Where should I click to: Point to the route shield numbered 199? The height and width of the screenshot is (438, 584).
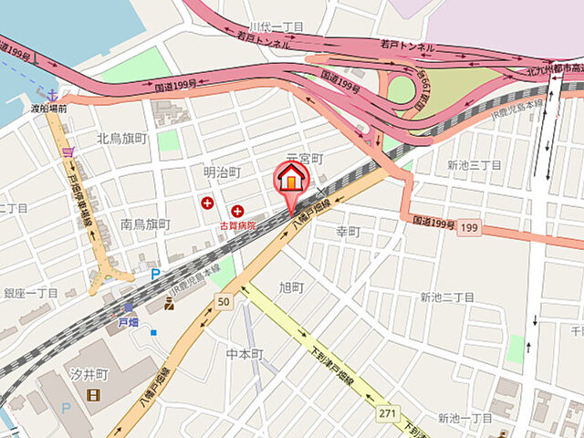[468, 227]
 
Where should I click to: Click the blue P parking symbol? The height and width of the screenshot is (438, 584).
[155, 273]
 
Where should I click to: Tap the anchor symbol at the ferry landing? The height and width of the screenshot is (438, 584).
[53, 93]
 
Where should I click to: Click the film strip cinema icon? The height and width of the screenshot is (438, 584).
[93, 395]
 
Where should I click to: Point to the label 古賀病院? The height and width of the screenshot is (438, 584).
[236, 224]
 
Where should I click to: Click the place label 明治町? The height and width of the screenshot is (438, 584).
[222, 172]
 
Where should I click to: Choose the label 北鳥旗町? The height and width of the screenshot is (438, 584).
[121, 139]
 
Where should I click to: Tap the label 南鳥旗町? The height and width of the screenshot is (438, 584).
[145, 224]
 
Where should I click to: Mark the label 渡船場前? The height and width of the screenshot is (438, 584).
[49, 109]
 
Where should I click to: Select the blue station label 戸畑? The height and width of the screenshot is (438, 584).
[128, 322]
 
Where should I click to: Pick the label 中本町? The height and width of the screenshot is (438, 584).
[245, 354]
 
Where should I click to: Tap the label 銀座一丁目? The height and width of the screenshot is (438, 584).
[31, 293]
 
